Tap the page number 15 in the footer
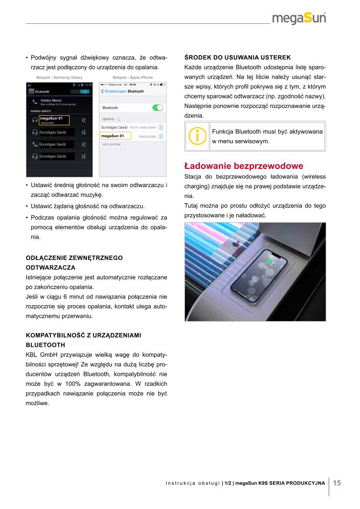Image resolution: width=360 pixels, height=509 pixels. pos(337,482)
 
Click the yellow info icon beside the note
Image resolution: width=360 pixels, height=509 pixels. pos(198,136)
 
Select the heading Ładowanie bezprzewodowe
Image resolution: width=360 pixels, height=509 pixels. pos(244,166)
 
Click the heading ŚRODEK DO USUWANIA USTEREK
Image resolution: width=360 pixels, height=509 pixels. pos(237,57)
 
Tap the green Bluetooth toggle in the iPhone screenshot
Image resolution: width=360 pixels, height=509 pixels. pos(158,107)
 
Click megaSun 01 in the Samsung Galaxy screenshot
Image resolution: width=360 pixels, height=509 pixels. pos(51,119)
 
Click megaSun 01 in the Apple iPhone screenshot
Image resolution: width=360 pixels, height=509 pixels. pos(112,136)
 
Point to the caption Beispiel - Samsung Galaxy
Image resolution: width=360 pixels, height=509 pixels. pos(59,78)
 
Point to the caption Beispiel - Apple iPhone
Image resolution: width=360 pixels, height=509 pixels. pos(133,78)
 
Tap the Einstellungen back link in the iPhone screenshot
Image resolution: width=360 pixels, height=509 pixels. pos(113,91)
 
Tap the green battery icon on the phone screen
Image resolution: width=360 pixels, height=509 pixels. pos(270,259)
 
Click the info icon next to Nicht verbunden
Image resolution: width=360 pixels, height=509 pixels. pos(161,128)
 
